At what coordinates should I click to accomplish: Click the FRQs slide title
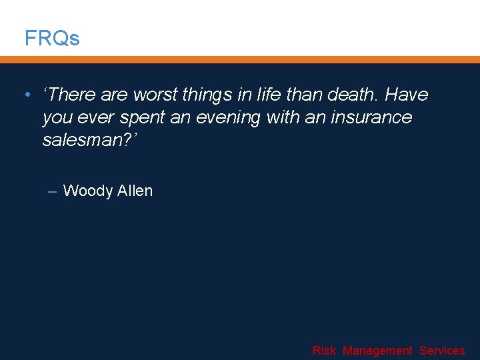pos(52,39)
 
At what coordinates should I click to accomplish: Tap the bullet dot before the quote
pos(26,95)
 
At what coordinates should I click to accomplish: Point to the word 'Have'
pos(406,95)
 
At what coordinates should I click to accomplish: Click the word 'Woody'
pos(87,191)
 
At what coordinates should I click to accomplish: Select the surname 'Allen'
pos(135,191)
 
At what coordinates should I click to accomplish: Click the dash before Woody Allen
pos(53,191)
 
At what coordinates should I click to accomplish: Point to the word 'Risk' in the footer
pos(324,351)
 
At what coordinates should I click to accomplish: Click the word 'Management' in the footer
pos(377,351)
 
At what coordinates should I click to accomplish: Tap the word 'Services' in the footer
pos(442,351)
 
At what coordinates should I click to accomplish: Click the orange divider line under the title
pos(240,59)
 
